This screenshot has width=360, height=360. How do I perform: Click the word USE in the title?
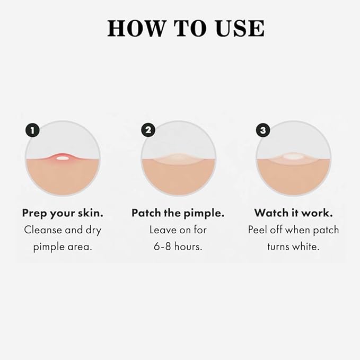click(238, 28)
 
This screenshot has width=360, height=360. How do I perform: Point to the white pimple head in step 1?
click(63, 157)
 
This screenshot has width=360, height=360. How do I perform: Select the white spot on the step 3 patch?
click(293, 157)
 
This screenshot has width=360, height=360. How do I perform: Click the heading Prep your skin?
click(63, 213)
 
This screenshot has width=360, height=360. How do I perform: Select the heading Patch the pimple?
click(178, 213)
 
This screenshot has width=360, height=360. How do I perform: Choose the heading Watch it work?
click(293, 213)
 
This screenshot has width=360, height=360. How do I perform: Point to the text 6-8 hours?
click(178, 247)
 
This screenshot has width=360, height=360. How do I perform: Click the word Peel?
click(258, 230)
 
